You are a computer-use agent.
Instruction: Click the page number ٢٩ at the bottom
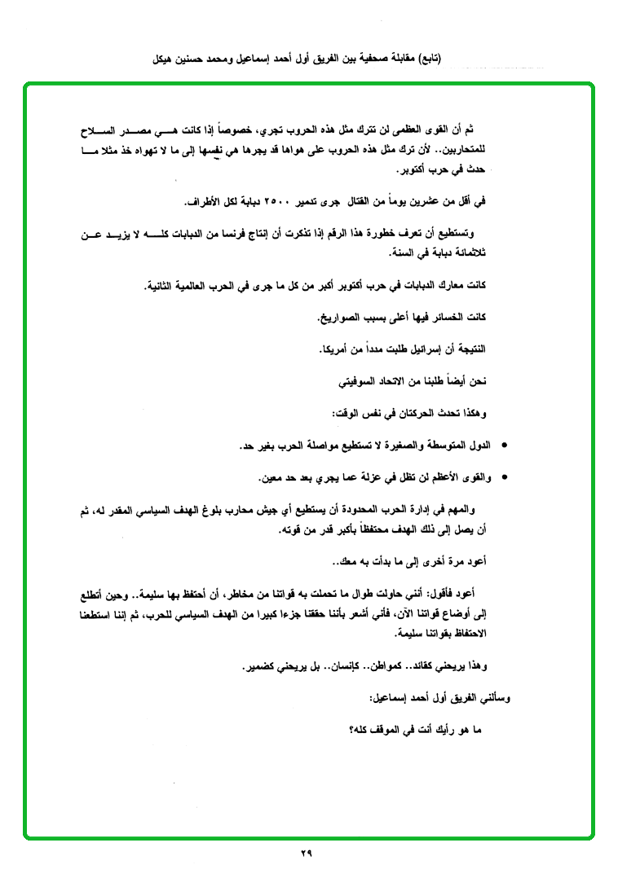pos(307,854)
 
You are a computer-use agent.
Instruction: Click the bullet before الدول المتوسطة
pos(505,446)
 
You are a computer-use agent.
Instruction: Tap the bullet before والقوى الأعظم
pos(505,477)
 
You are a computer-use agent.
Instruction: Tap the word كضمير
pos(262,667)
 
